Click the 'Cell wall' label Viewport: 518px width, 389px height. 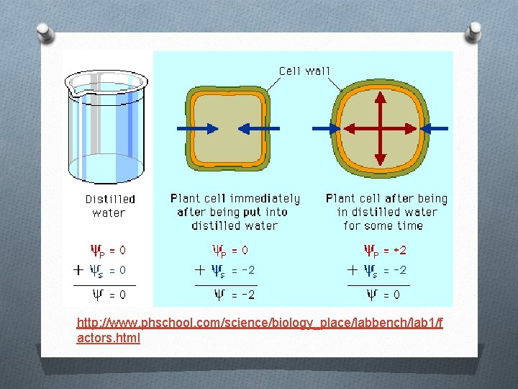[304, 71]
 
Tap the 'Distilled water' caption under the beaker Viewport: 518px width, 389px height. [109, 205]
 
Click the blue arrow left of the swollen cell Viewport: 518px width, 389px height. [327, 128]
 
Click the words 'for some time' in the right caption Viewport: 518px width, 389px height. [383, 225]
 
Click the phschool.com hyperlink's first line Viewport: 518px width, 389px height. [260, 323]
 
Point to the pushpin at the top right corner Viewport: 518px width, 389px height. [475, 30]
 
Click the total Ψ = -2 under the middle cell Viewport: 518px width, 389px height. [235, 294]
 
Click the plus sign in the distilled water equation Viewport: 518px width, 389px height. [78, 270]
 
